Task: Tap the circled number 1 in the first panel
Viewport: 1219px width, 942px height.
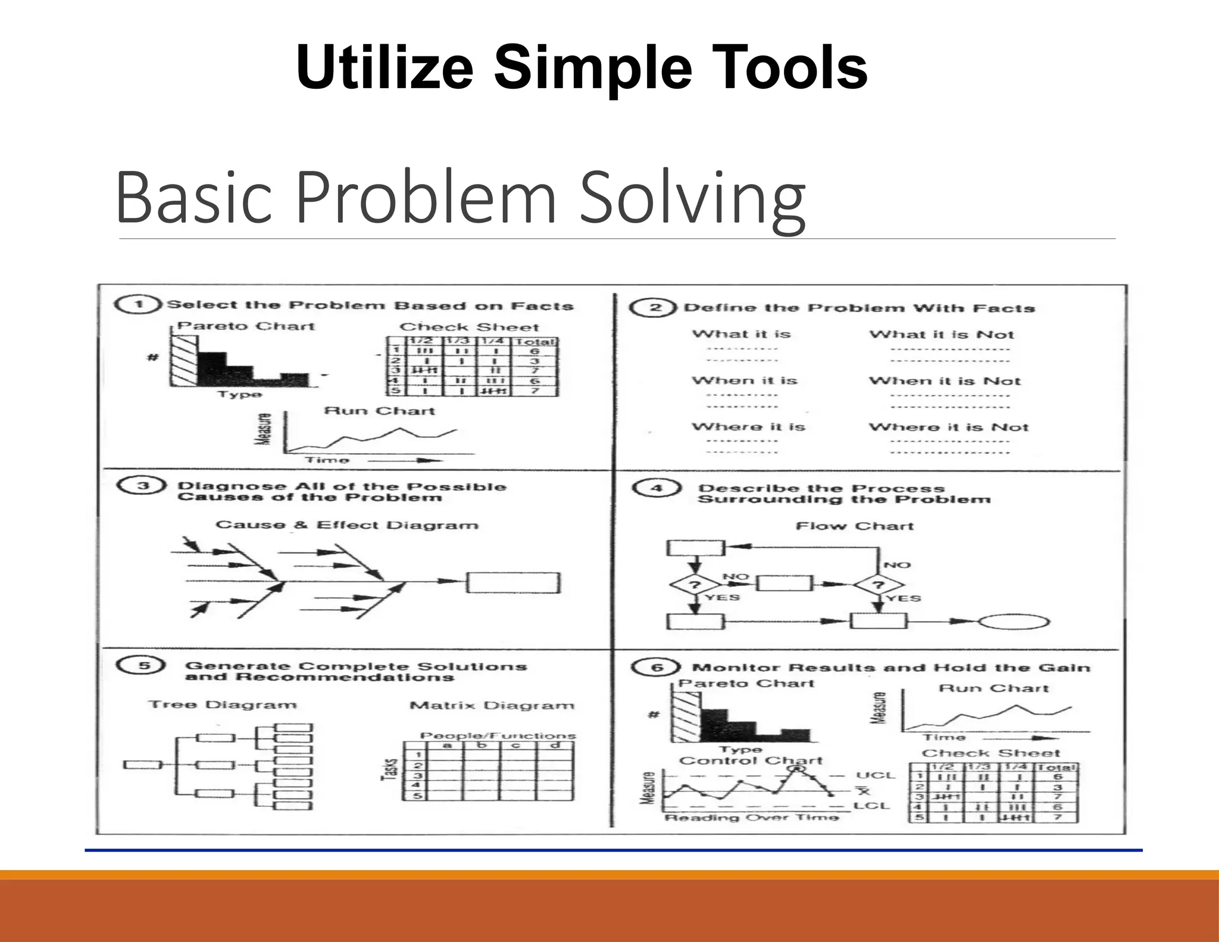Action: [138, 304]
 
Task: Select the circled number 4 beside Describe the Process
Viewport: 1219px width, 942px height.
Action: [656, 488]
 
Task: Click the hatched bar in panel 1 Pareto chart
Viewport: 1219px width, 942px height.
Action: [183, 361]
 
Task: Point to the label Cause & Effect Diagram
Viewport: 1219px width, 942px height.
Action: [346, 525]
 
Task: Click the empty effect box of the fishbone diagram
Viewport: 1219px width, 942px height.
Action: [513, 583]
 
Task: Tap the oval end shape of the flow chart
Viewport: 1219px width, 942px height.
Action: [1014, 622]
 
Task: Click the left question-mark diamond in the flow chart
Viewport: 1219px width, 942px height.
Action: [694, 584]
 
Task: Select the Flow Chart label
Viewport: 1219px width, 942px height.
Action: [854, 526]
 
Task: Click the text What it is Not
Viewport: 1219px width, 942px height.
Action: [942, 335]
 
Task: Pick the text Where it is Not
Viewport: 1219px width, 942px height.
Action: [948, 428]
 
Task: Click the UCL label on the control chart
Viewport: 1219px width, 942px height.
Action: [875, 775]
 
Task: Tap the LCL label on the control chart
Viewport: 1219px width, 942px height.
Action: [871, 806]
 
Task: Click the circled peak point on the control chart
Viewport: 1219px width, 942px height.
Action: [796, 768]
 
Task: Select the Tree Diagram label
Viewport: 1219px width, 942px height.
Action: [223, 705]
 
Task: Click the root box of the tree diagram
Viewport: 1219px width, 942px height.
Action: [142, 765]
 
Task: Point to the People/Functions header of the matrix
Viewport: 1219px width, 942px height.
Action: [498, 736]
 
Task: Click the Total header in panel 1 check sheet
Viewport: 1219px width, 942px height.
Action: [535, 342]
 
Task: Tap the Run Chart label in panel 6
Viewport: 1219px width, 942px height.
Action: [993, 688]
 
